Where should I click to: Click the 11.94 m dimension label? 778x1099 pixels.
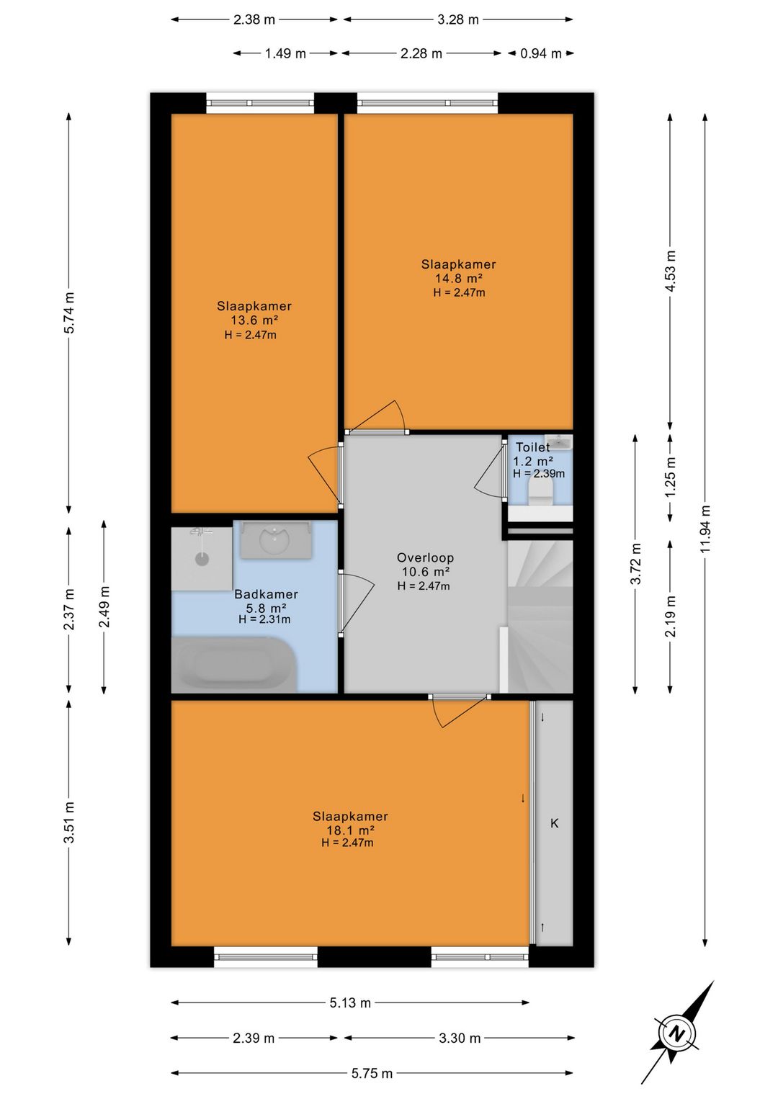705,529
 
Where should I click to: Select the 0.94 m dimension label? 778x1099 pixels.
541,53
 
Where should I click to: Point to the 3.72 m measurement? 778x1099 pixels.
635,564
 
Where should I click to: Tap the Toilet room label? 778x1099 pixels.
532,447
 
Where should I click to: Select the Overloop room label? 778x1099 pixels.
425,557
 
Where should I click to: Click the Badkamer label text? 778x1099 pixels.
266,594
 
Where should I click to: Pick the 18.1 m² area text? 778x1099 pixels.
351,830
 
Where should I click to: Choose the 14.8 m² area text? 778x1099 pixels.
458,278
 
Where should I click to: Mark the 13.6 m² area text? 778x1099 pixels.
254,320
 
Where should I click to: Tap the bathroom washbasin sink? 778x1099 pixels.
275,539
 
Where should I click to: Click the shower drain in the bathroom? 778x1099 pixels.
202,559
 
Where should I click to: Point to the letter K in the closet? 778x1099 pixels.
554,823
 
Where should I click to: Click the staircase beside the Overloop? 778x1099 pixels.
540,616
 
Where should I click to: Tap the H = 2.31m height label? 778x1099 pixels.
264,619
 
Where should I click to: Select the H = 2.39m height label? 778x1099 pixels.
539,473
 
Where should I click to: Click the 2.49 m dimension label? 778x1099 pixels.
104,607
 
